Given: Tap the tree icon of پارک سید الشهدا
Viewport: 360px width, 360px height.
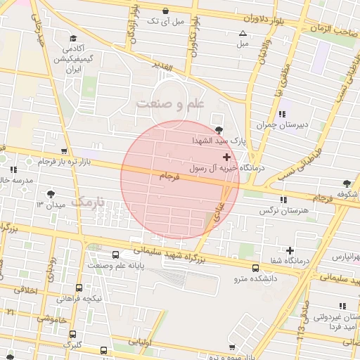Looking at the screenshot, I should [x=220, y=129].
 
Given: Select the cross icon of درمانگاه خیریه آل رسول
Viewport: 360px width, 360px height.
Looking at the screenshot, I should [x=225, y=157].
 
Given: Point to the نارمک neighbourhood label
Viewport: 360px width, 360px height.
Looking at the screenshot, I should [x=91, y=202].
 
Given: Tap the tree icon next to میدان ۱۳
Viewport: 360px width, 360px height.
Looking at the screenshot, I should [x=51, y=193].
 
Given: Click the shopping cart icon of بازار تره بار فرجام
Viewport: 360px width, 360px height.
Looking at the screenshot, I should [x=65, y=151].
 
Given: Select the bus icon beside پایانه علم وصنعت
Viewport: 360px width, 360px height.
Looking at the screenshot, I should [x=116, y=255].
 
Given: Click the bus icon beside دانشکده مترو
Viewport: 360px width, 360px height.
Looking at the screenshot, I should [x=255, y=267].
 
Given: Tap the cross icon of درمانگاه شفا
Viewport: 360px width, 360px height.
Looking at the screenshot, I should [x=290, y=250].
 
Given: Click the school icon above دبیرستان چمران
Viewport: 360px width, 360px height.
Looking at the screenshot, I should [x=282, y=114].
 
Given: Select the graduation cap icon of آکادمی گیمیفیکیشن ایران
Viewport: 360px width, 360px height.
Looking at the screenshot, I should [x=73, y=39].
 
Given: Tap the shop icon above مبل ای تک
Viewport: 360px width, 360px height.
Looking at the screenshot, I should [x=165, y=11].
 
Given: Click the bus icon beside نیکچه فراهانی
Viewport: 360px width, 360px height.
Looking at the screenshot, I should [x=79, y=288].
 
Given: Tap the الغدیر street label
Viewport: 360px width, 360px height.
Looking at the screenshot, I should [x=162, y=65].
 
